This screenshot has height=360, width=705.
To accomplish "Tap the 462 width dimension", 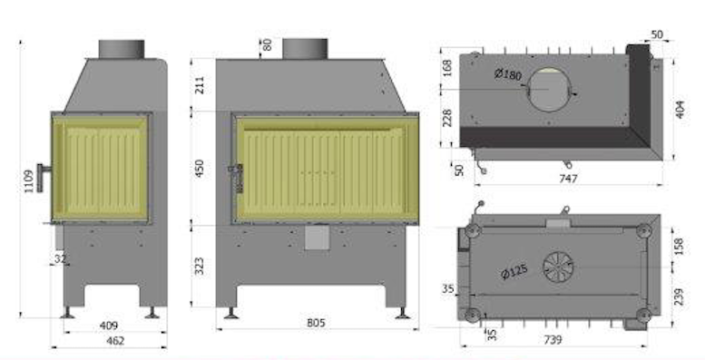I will click(115, 341).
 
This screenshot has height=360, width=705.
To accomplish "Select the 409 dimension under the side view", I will click(108, 324).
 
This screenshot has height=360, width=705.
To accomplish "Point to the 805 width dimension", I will click(316, 324).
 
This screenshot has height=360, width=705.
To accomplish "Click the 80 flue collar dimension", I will click(268, 44).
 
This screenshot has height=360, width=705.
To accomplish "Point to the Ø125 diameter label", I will click(514, 271).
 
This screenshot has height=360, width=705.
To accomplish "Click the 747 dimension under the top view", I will click(567, 180).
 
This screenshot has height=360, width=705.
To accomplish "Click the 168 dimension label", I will click(446, 69).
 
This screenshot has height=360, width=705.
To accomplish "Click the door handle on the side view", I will click(44, 171).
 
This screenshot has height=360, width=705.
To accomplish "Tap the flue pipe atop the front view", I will click(304, 48).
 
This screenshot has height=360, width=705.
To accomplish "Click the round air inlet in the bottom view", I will click(559, 267).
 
